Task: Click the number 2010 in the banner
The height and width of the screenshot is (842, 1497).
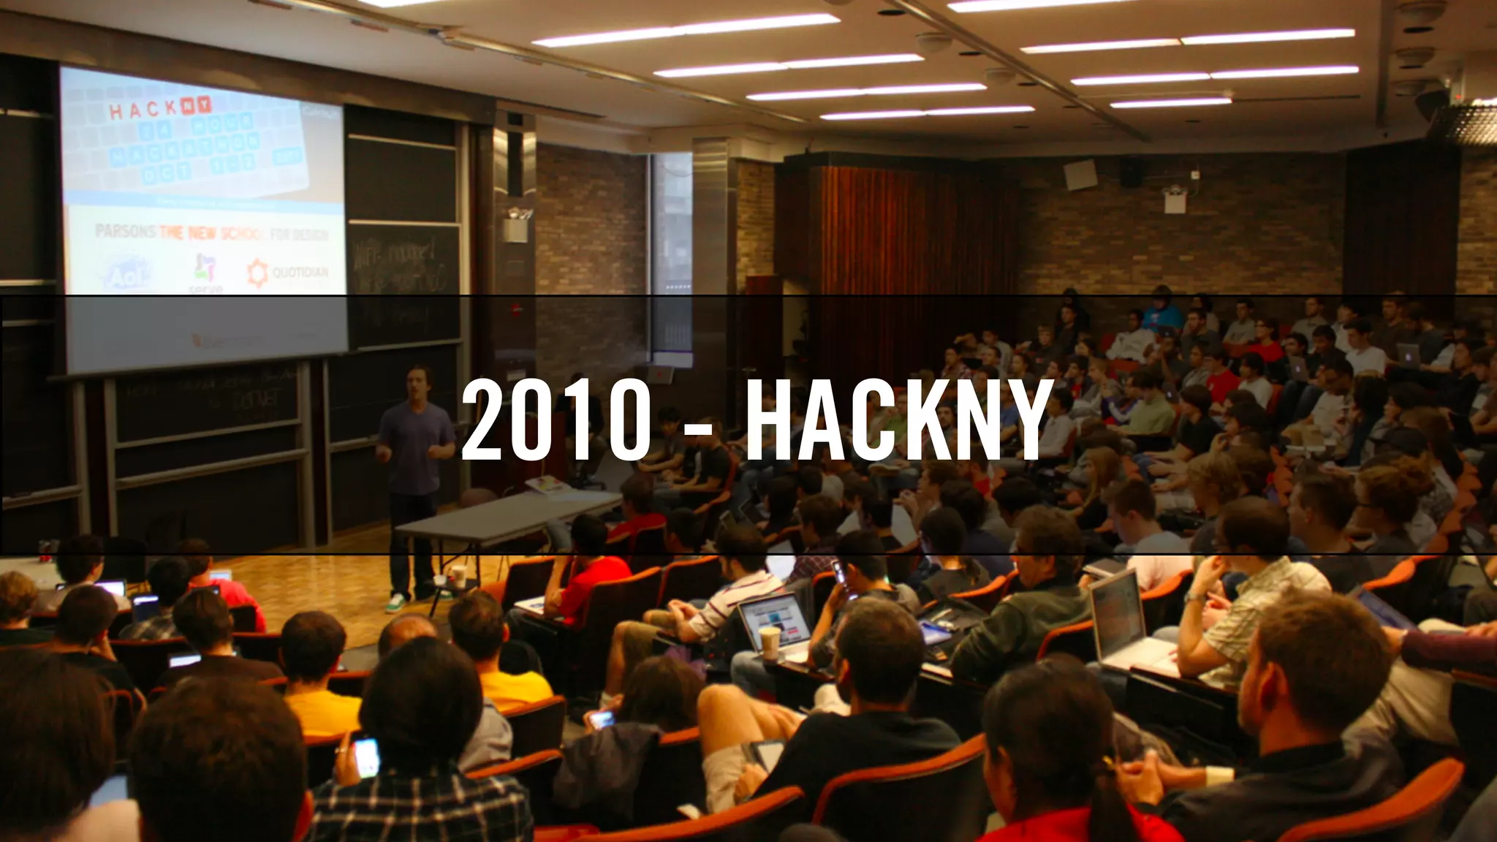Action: pos(556,422)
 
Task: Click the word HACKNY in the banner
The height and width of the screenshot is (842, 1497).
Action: pos(898,422)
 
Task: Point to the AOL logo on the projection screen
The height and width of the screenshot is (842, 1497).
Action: pos(128,275)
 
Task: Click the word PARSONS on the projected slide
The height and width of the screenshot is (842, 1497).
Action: pos(125,232)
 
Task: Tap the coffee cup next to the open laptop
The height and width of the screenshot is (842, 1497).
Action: pos(770,643)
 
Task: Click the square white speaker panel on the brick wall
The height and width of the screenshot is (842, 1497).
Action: pos(1077,175)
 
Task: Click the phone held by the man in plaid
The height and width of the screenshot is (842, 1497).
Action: pos(365,756)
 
